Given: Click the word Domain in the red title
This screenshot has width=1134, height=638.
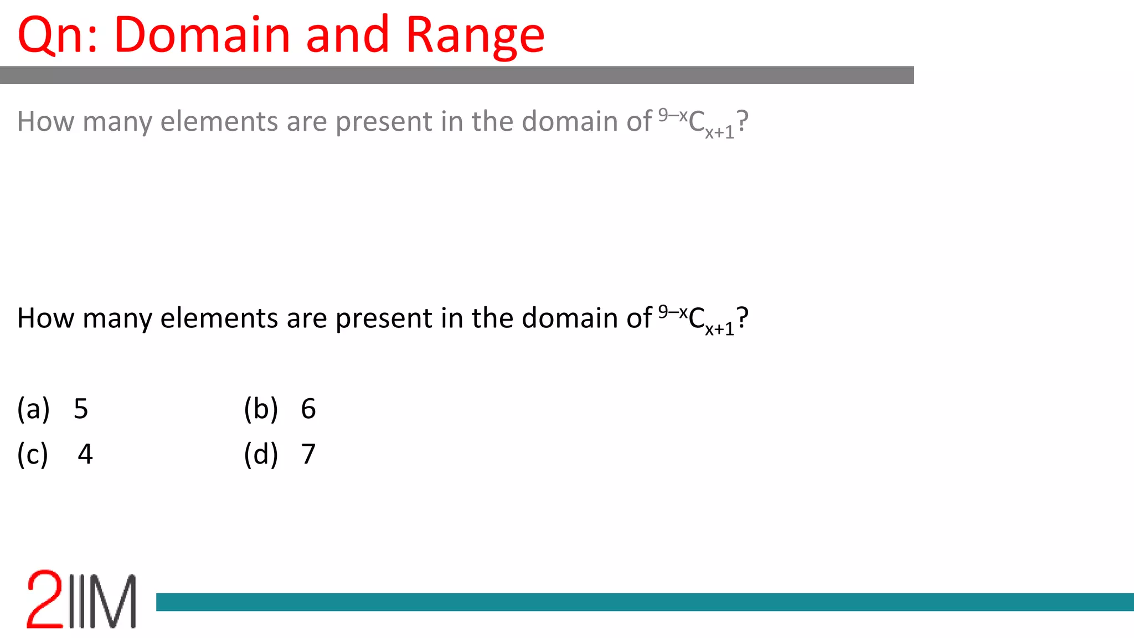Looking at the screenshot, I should coord(202,35).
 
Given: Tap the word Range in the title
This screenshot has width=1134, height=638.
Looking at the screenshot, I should coord(475,37).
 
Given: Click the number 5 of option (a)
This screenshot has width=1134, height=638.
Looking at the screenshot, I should coord(81,409).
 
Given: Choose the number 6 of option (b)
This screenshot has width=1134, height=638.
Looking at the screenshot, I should coord(308,409).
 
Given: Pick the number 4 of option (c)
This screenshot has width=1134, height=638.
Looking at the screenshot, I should coord(85,454).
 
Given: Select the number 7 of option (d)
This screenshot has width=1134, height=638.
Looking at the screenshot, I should coord(308,454).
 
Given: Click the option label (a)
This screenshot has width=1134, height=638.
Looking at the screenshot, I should coord(34,409).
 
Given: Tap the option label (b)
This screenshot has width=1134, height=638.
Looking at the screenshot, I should coord(261,409).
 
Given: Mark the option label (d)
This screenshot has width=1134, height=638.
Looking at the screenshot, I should coord(261,454).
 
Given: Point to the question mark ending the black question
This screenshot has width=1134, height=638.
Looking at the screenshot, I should coord(743,318).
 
